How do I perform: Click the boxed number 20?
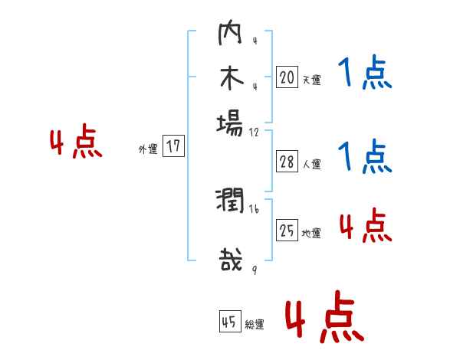pyautogui.click(x=287, y=77)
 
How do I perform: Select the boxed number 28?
pyautogui.click(x=287, y=162)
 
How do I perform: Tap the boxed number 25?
pyautogui.click(x=287, y=231)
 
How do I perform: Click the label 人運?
pyautogui.click(x=311, y=164)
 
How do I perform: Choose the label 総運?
pyautogui.click(x=255, y=325)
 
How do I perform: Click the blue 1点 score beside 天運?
pyautogui.click(x=364, y=75)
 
